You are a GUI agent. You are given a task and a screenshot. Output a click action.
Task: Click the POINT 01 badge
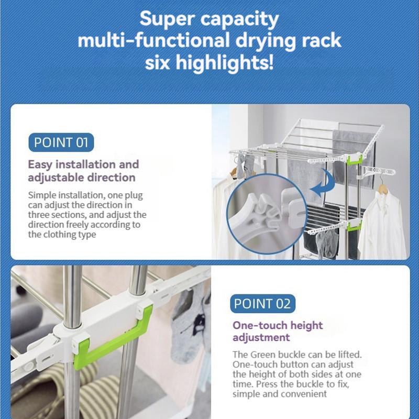pos(60,142)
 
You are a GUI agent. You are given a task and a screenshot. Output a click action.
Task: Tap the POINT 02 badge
pos(262,304)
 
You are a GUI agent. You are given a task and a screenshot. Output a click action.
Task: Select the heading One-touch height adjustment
pos(278,331)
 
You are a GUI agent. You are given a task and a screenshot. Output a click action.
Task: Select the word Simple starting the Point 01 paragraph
pos(42,195)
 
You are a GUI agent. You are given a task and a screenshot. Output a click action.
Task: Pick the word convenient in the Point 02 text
pos(304,393)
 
